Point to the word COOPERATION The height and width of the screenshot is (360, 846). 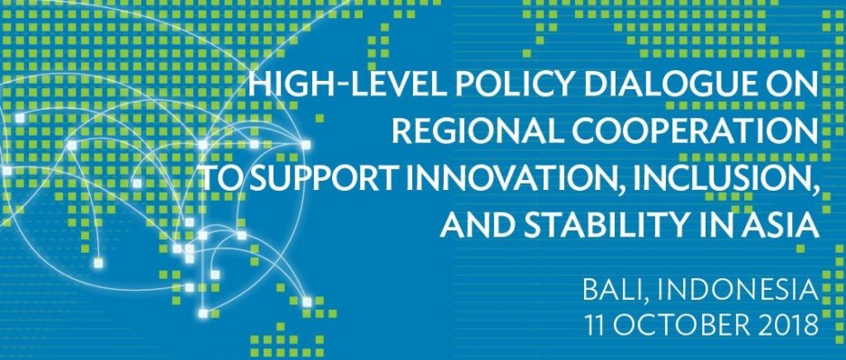688,132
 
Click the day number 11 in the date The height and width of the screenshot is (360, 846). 597,326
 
